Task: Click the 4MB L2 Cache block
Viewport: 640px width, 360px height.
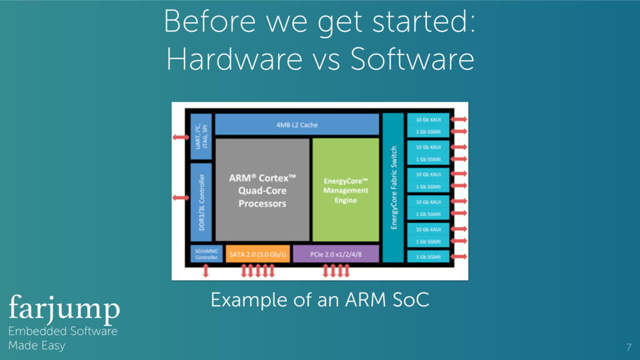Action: pyautogui.click(x=296, y=125)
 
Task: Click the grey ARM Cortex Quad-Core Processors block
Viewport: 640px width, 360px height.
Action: pyautogui.click(x=262, y=190)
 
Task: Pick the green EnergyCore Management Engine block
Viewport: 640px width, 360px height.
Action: pyautogui.click(x=346, y=190)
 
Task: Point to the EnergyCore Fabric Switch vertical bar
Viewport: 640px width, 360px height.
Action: pyautogui.click(x=393, y=187)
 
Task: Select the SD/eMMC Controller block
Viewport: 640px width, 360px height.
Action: pyautogui.click(x=206, y=254)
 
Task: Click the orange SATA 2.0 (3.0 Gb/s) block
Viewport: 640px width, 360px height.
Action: pyautogui.click(x=257, y=254)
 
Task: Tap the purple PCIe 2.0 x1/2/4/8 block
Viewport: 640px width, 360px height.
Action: pyautogui.click(x=336, y=254)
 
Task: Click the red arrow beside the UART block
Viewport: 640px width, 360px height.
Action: pyautogui.click(x=181, y=137)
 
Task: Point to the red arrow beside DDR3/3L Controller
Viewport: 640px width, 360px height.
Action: pyautogui.click(x=181, y=197)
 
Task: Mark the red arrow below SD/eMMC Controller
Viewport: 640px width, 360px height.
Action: pyautogui.click(x=206, y=271)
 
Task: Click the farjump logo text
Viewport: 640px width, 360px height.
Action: pyautogui.click(x=64, y=307)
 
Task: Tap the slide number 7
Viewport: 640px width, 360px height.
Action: pyautogui.click(x=628, y=347)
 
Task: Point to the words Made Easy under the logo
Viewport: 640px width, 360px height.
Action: pyautogui.click(x=36, y=345)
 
